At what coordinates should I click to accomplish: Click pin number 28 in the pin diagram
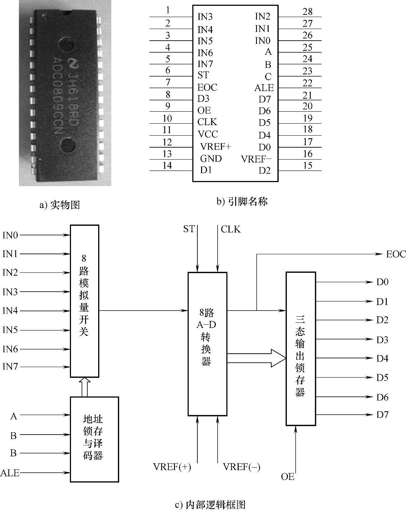307,11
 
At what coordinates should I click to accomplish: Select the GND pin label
211,159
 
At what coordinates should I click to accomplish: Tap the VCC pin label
208,134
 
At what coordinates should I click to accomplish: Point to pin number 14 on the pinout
167,165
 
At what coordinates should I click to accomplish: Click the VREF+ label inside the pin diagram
215,147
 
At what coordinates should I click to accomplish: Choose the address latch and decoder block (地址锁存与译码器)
95,439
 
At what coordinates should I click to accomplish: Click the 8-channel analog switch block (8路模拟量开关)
84,301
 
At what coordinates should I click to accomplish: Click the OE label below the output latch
288,476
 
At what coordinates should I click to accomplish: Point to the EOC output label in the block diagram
395,254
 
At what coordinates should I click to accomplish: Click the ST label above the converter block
189,229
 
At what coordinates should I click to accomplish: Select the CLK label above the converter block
231,229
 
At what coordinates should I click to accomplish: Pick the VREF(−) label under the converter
242,466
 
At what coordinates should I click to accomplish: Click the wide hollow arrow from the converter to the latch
256,358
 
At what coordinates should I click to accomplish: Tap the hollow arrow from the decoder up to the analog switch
84,387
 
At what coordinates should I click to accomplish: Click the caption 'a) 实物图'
60,205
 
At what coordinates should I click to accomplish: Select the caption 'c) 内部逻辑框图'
210,505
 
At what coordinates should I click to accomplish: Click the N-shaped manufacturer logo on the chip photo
73,62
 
